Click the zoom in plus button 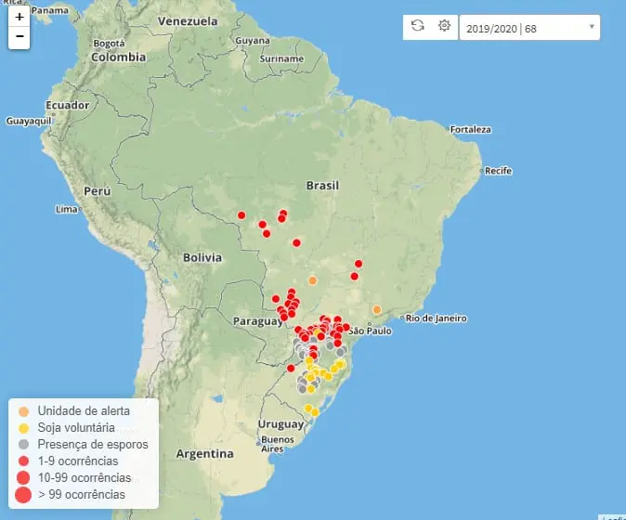coord(20,17)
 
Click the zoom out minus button coord(20,38)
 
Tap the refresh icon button coord(418,27)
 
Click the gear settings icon coord(444,27)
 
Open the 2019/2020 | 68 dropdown coord(529,28)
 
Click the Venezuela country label coord(189,20)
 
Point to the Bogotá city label coord(109,42)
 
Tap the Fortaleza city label coord(471,129)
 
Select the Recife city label coord(498,171)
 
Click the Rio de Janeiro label coord(436,318)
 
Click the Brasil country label coord(322,186)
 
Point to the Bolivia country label coord(202,257)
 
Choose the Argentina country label coord(205,454)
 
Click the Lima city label coord(67,209)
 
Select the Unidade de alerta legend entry coord(84,410)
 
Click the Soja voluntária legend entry coord(76,427)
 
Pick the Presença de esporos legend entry coord(92,445)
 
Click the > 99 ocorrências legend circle coord(23,494)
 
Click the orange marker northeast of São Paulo coord(376,309)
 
